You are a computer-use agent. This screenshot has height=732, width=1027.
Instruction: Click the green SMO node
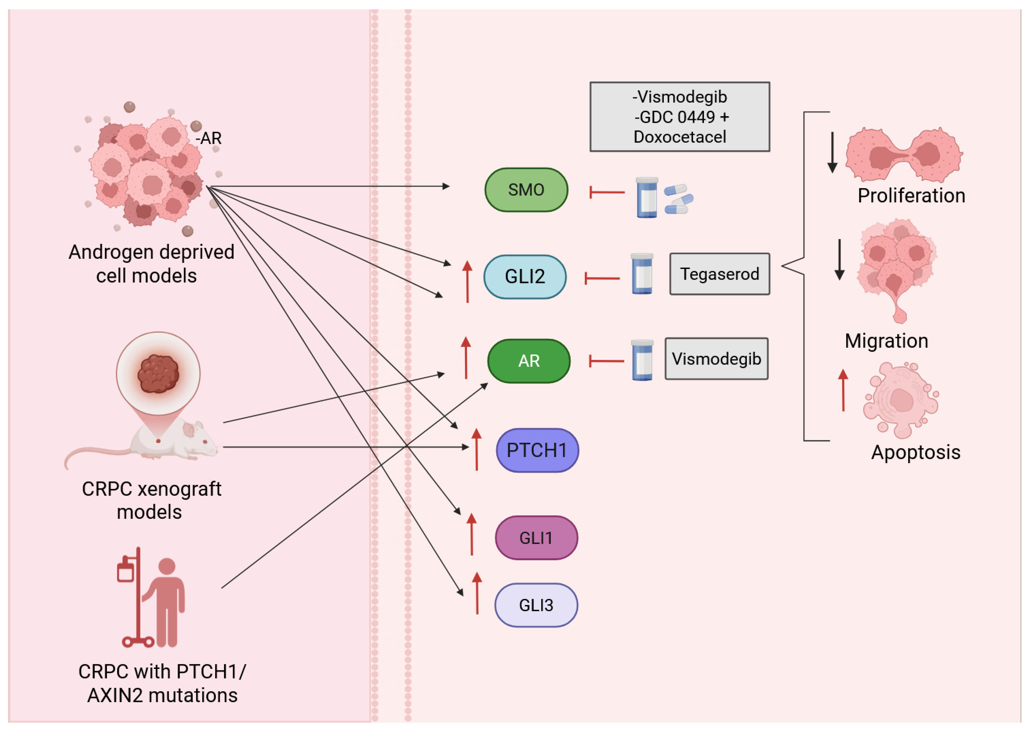click(526, 190)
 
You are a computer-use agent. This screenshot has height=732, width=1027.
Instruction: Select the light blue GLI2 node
click(525, 277)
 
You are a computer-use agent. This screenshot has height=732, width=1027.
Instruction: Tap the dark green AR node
click(529, 361)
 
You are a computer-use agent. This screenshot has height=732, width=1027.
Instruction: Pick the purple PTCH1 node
click(537, 450)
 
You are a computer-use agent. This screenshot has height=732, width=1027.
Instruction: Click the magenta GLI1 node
click(536, 538)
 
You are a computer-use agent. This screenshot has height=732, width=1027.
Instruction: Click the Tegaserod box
click(720, 274)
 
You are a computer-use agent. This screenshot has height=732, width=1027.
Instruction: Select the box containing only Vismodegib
click(716, 359)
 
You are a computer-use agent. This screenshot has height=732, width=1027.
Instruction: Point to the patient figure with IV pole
click(153, 600)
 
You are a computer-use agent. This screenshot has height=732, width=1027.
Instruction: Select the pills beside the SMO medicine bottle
click(678, 199)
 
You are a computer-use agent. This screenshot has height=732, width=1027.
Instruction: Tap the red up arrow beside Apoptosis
click(843, 390)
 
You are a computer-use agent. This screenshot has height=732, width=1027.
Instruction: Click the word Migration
click(886, 341)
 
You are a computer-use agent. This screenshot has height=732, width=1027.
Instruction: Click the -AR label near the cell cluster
click(209, 138)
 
